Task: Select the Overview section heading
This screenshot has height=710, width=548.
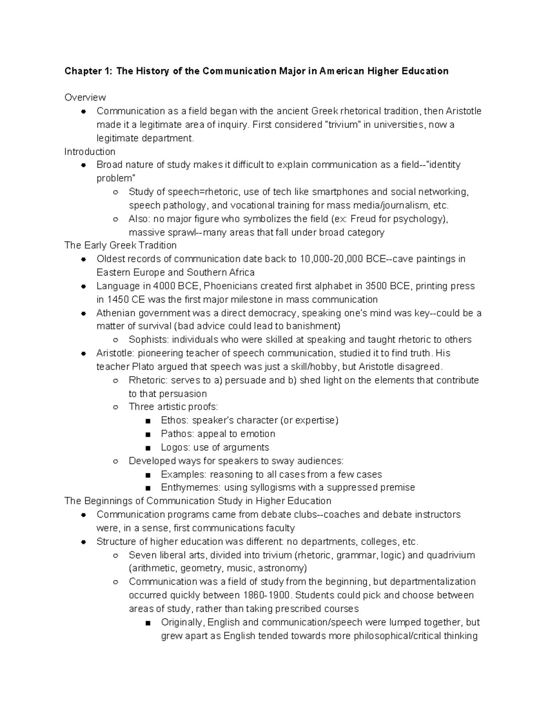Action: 85,97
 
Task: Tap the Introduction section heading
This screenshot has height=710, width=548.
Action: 90,151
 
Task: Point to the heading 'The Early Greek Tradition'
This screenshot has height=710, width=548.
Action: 120,246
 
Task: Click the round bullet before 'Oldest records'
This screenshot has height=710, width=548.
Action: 84,260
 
